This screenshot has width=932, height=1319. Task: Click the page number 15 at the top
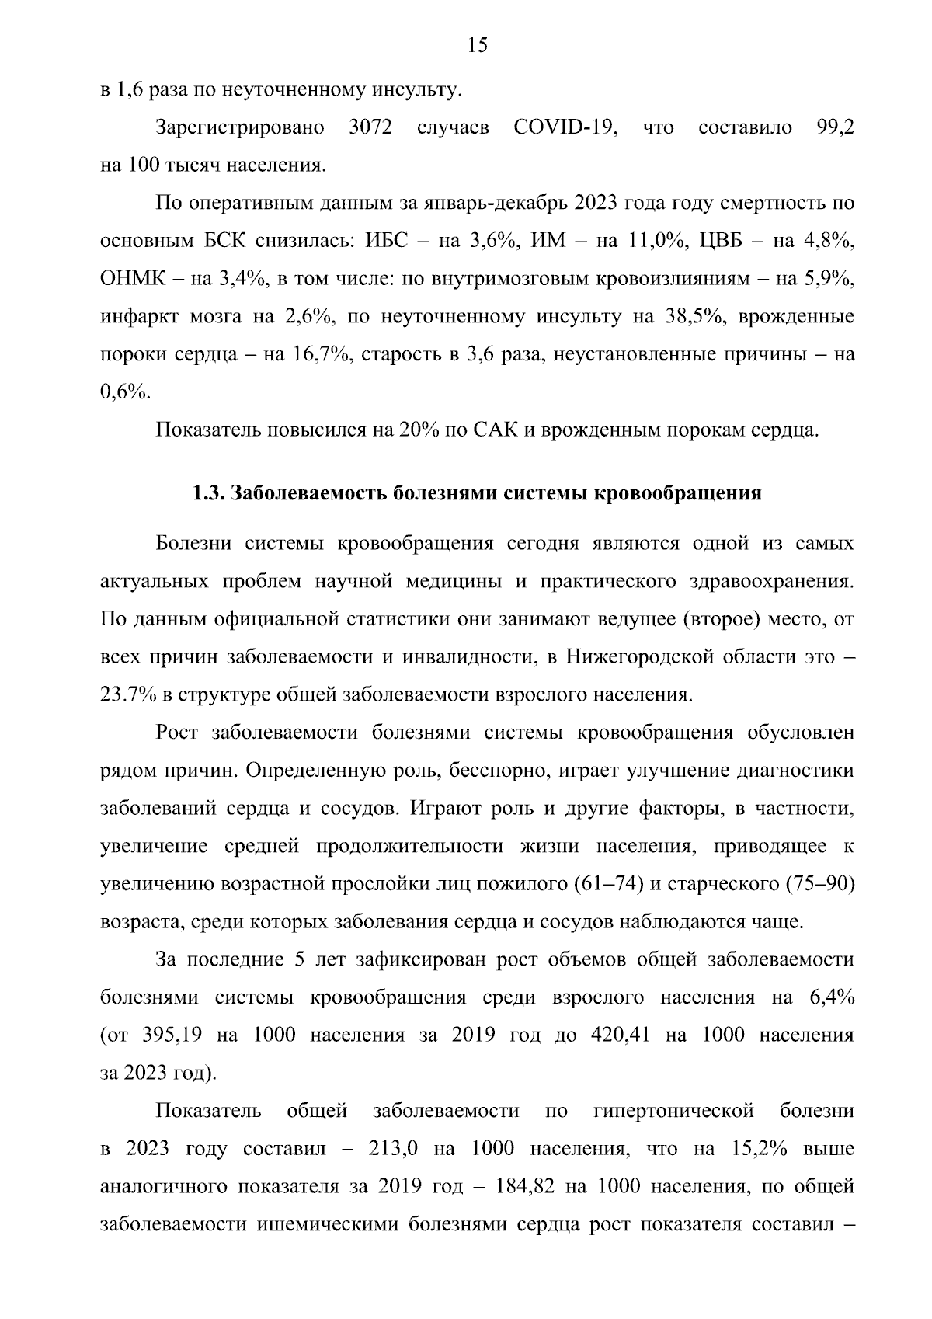click(x=478, y=46)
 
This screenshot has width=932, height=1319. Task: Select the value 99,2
click(x=835, y=128)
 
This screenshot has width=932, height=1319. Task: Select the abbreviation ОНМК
click(x=134, y=280)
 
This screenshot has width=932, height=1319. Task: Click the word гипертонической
click(x=673, y=1112)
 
